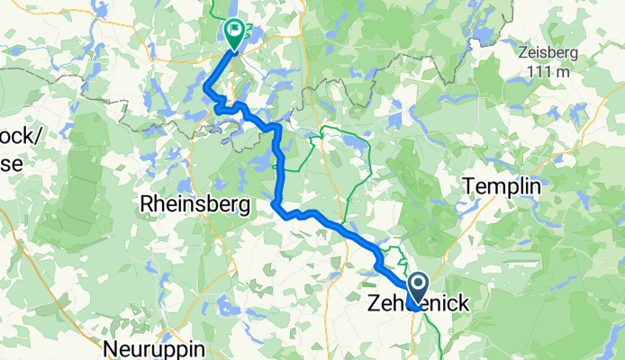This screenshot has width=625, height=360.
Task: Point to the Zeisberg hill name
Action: [549, 52]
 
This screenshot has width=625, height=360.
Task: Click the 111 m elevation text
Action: [548, 71]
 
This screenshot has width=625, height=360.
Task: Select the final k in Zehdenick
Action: [462, 304]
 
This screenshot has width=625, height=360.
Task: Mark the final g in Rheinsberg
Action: [244, 206]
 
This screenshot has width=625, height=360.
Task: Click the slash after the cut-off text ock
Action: [32, 137]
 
